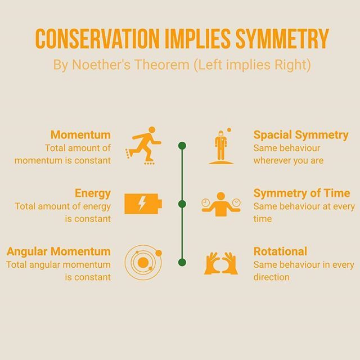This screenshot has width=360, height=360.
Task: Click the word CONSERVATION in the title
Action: click(97, 39)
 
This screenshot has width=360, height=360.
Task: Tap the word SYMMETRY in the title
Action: click(282, 39)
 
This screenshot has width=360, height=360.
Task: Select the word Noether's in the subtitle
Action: click(101, 65)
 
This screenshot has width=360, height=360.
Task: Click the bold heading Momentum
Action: click(80, 134)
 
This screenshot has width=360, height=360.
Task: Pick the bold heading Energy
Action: click(93, 193)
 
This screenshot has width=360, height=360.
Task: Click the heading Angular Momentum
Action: click(58, 251)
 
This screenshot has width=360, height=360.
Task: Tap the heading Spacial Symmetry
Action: click(301, 135)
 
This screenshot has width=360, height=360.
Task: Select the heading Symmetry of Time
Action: click(301, 193)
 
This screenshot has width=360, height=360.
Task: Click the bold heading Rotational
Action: click(280, 251)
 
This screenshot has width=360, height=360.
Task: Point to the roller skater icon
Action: click(143, 146)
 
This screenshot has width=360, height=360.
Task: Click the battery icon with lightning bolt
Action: click(143, 204)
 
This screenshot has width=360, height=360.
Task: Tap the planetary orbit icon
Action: click(143, 263)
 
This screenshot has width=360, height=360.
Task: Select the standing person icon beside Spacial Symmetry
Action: click(221, 146)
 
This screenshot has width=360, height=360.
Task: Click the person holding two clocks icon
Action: click(221, 204)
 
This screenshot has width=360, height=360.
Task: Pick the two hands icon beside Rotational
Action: click(221, 263)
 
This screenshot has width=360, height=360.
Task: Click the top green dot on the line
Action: click(182, 146)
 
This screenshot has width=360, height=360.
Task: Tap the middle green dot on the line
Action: click(182, 204)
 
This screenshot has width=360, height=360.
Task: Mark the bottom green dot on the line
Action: click(182, 262)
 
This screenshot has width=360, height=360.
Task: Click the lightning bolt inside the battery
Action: click(142, 203)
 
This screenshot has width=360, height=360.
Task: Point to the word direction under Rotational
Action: click(271, 277)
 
